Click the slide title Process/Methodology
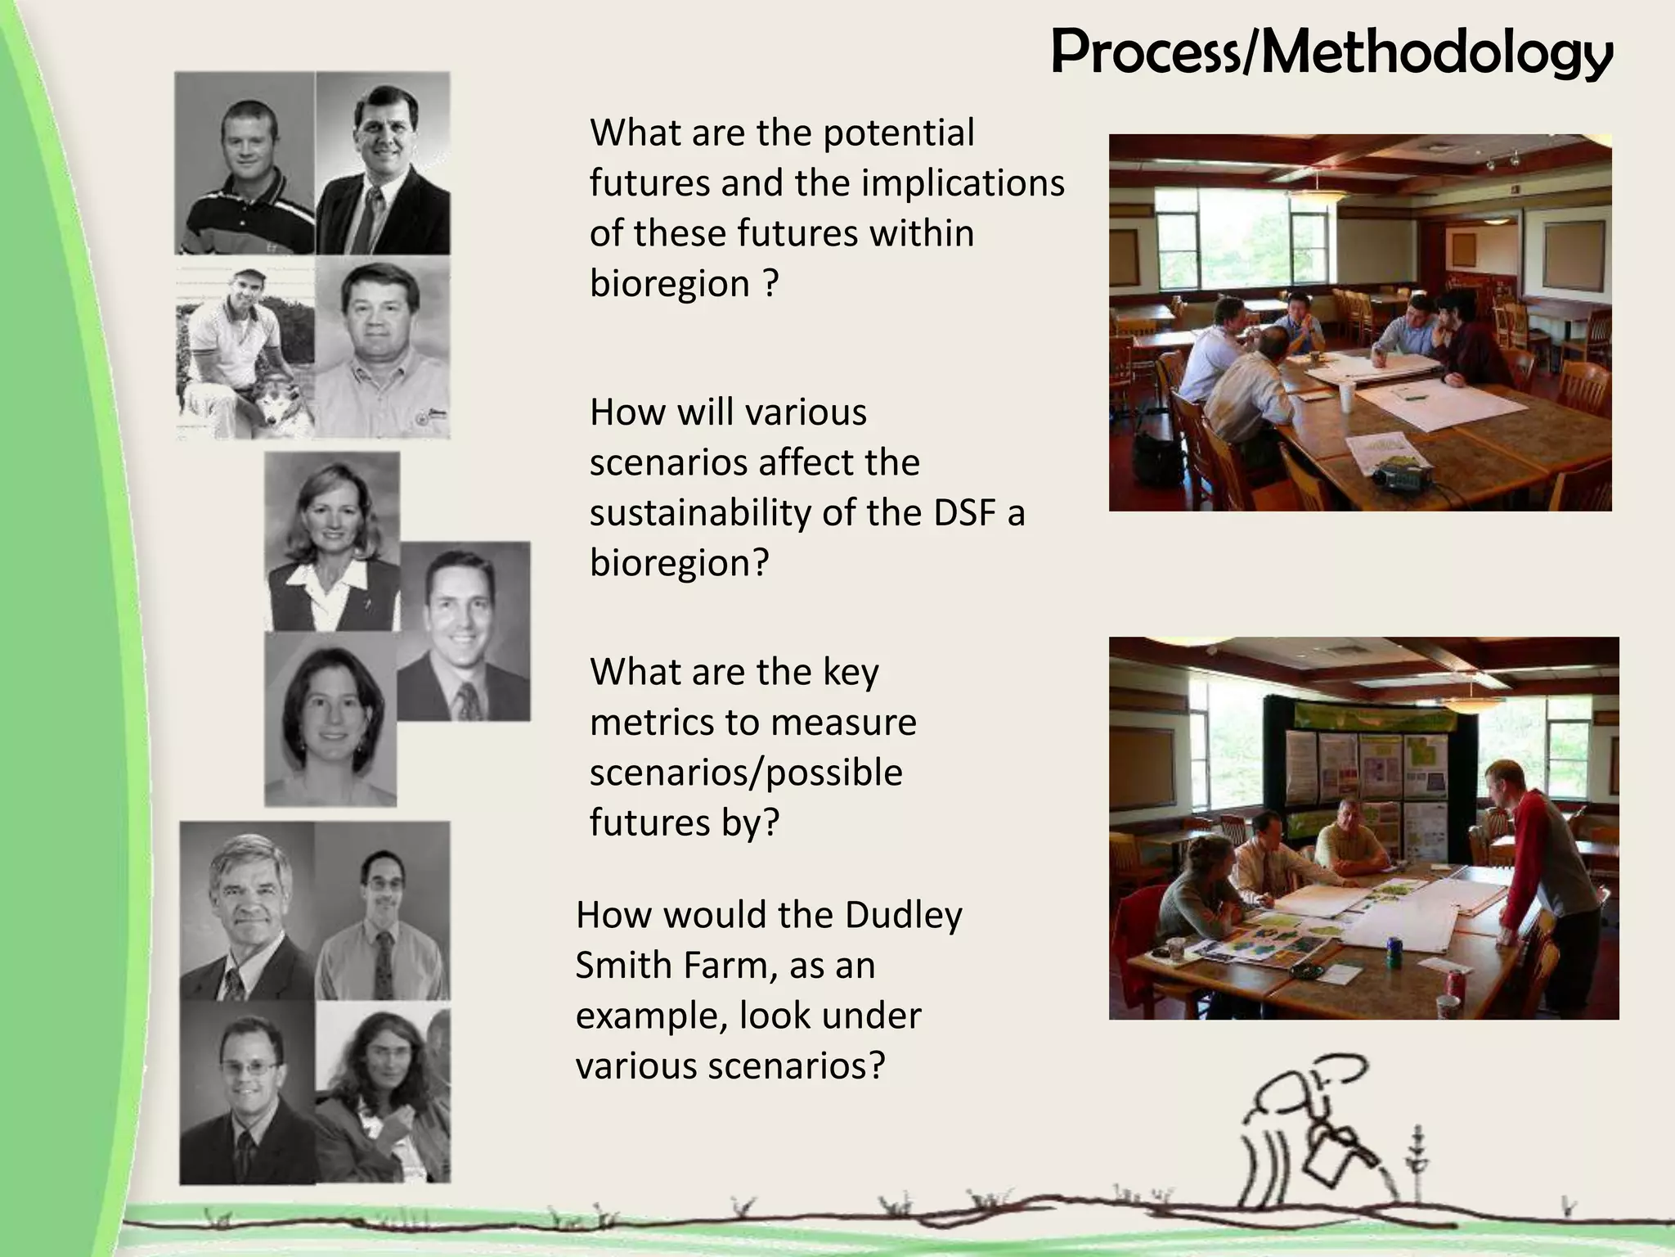(x=1331, y=52)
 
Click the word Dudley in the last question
(x=904, y=915)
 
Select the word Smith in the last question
(x=622, y=966)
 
